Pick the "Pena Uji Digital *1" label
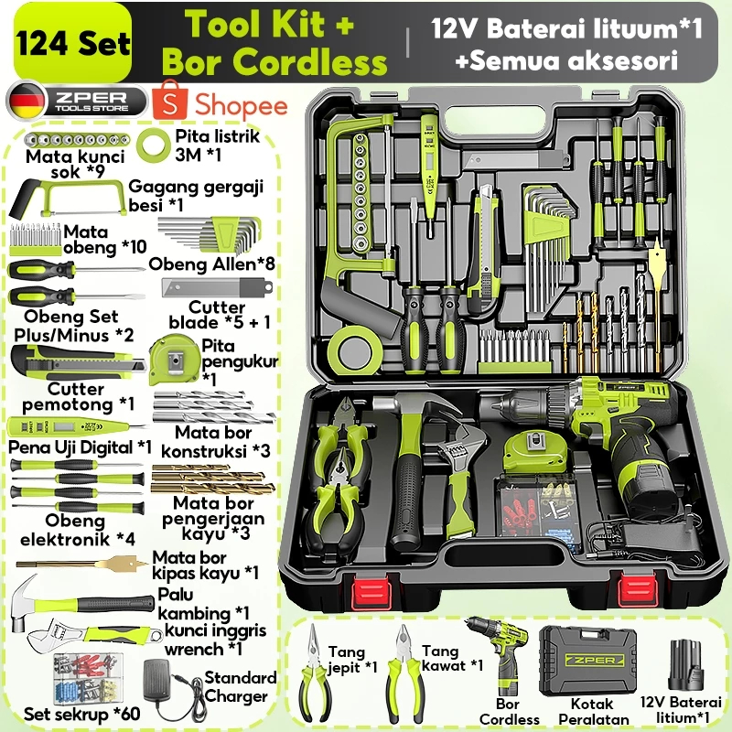click(81, 447)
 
